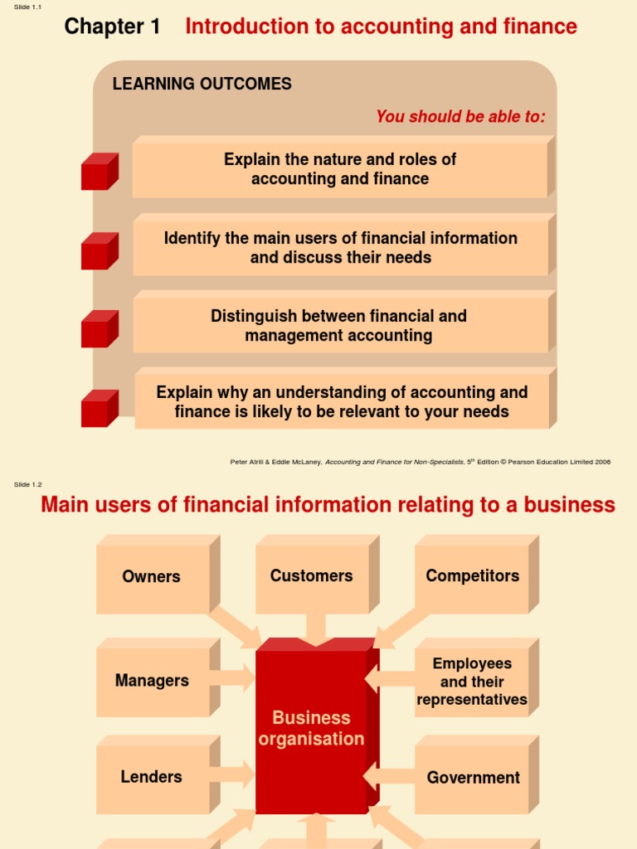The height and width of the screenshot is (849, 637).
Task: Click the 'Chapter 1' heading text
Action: (112, 27)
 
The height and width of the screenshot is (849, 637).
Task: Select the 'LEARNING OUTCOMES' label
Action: (202, 84)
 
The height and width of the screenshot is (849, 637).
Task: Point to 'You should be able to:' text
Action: (460, 117)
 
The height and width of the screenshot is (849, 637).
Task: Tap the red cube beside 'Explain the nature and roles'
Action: (99, 172)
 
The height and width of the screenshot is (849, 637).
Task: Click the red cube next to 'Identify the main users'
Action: (99, 251)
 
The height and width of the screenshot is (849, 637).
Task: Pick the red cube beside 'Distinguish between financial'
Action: (99, 329)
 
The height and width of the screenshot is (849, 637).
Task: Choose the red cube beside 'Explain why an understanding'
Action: (99, 409)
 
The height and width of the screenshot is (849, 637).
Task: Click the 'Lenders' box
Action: (152, 778)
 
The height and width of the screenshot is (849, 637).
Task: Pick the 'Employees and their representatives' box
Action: (472, 682)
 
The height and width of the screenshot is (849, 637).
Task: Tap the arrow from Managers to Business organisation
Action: (236, 678)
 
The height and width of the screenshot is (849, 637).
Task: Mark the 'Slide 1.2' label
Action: (28, 485)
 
